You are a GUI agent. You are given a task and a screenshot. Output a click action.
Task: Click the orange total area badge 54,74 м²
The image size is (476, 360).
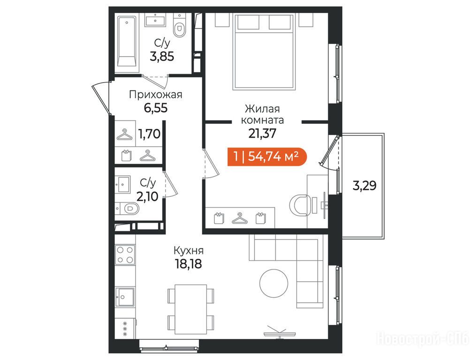click(x=267, y=157)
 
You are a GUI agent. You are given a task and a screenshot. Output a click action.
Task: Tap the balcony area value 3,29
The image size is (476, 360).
click(x=364, y=185)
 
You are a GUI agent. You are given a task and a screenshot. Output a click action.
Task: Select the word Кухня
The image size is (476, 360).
click(x=189, y=251)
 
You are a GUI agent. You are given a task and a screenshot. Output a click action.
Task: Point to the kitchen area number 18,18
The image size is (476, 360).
click(x=189, y=264)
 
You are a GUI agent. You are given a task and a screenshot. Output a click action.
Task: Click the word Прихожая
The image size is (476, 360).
click(x=156, y=95)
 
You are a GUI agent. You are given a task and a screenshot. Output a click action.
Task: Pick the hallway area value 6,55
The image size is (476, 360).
click(x=156, y=108)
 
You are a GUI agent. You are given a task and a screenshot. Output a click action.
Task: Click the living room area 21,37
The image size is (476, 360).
click(x=262, y=133)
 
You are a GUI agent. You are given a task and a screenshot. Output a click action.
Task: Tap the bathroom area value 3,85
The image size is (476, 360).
click(x=162, y=56)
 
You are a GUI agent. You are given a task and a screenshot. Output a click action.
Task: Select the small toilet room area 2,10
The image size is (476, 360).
click(x=147, y=197)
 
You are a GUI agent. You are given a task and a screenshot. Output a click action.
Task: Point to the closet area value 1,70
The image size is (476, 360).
click(x=149, y=134)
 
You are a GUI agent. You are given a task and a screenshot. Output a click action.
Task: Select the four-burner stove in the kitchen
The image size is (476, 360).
click(x=125, y=255)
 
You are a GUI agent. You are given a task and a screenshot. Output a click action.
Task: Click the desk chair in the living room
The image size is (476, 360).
click(x=299, y=205)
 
